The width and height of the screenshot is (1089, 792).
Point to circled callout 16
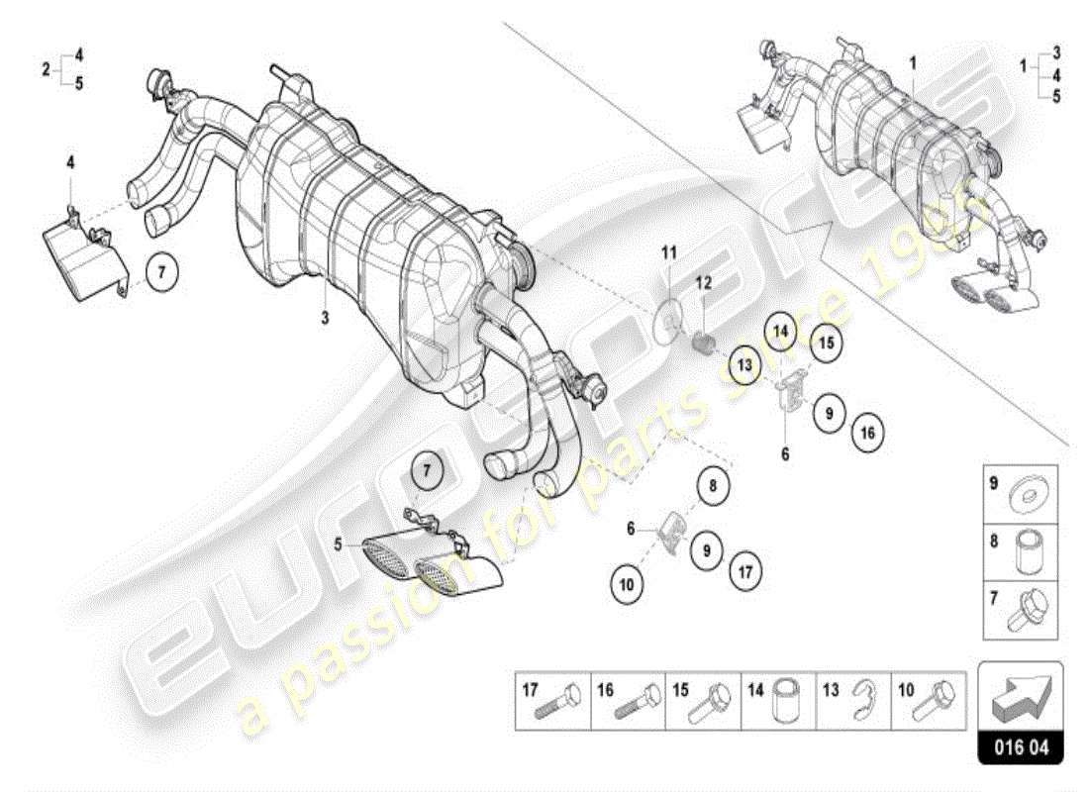click(x=866, y=432)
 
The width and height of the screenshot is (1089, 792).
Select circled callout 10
click(x=626, y=585)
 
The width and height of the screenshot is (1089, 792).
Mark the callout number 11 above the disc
click(x=668, y=254)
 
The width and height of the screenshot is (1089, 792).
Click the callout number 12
click(x=703, y=283)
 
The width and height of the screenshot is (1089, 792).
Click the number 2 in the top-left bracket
click(x=46, y=69)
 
